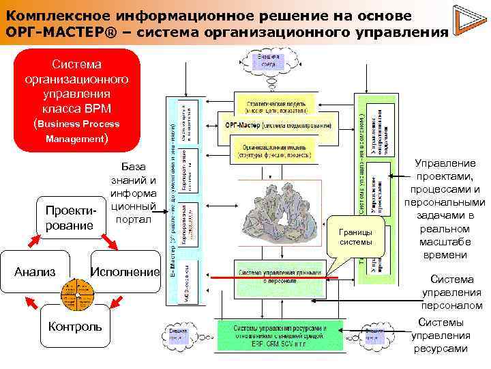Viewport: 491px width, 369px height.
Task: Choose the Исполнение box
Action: click(x=125, y=272)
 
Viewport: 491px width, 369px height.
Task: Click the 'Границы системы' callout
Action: click(x=356, y=236)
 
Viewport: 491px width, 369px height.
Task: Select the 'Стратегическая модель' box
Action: click(x=276, y=103)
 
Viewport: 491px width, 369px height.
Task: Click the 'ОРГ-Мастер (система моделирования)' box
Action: click(x=280, y=126)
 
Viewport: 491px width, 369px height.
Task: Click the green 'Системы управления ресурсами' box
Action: click(x=280, y=333)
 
